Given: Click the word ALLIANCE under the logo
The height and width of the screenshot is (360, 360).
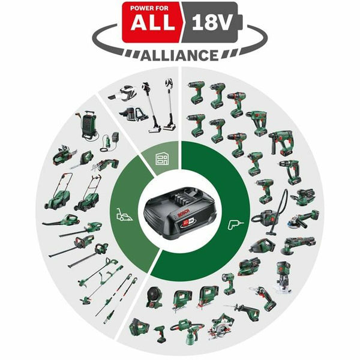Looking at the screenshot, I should pos(179,55).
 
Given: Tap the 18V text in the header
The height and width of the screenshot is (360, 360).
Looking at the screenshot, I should pos(211,22).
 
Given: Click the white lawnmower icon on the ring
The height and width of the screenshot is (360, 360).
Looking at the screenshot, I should pos(124,214).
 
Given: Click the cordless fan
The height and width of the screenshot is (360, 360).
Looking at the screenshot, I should pos(154,298).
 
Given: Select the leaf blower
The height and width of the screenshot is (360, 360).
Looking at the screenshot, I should pos(60,220).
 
